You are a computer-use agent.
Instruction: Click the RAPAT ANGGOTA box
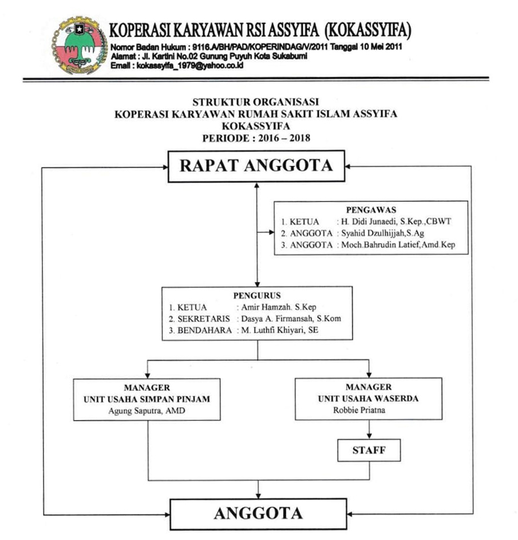coord(256,166)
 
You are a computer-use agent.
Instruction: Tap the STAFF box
coord(368,451)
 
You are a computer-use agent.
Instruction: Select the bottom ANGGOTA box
coord(258,512)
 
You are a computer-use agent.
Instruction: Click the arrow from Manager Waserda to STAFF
coord(368,428)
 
